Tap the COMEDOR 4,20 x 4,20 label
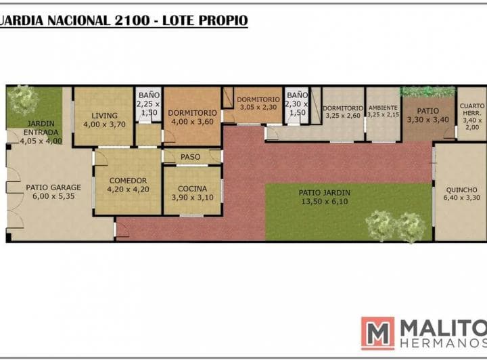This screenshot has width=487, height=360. click(128, 185)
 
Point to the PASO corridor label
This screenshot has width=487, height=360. click(190, 157)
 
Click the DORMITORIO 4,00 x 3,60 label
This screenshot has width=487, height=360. click(192, 117)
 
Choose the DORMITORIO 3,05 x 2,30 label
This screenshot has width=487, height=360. click(258, 103)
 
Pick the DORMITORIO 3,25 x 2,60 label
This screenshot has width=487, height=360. click(343, 112)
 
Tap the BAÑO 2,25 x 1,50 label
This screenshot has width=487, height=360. click(149, 104)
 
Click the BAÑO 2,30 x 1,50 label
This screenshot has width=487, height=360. click(297, 104)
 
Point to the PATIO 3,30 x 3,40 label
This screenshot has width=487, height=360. click(428, 115)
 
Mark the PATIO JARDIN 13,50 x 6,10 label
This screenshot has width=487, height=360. click(325, 197)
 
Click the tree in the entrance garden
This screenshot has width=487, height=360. click(22, 99)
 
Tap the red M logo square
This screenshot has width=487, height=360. click(377, 333)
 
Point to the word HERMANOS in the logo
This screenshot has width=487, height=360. click(444, 343)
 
